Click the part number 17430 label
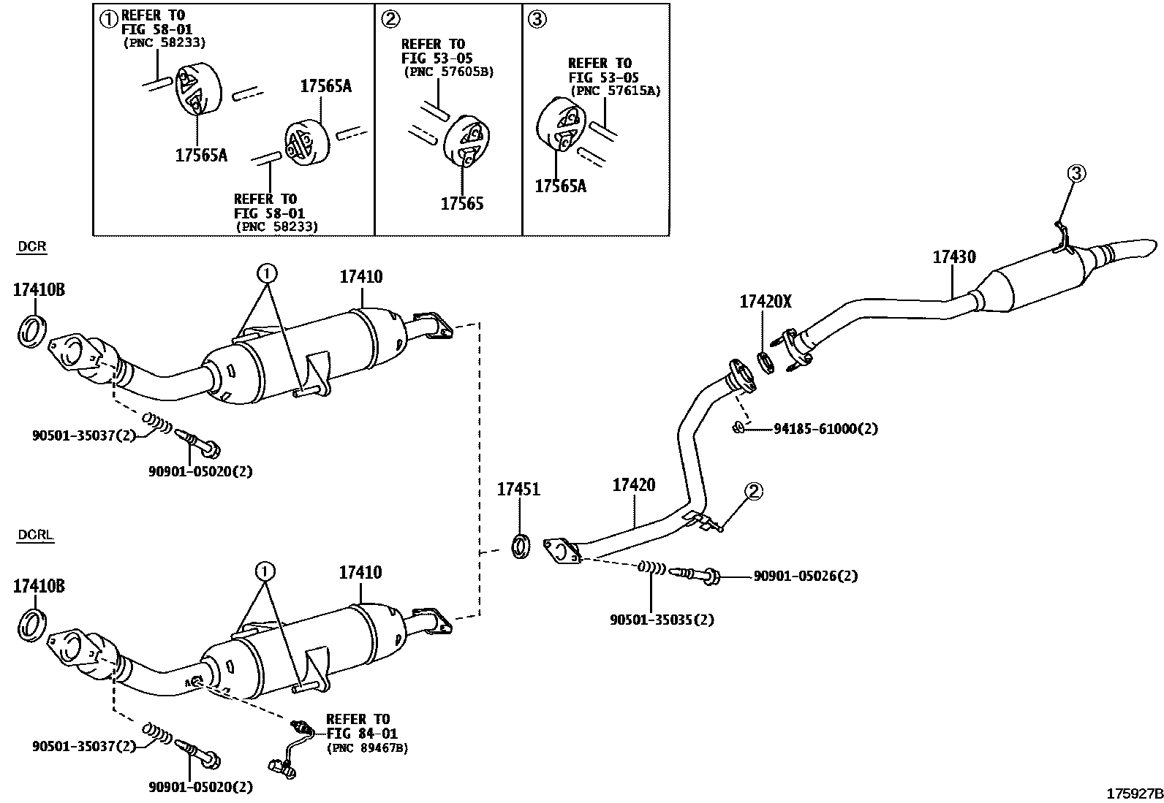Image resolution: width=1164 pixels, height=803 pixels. pyautogui.click(x=953, y=257)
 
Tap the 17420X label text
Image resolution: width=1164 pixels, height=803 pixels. pyautogui.click(x=765, y=301)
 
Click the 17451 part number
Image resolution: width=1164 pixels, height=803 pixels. pyautogui.click(x=518, y=490)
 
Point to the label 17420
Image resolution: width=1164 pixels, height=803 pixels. pyautogui.click(x=633, y=485)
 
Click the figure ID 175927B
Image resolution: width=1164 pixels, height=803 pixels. pyautogui.click(x=1133, y=794)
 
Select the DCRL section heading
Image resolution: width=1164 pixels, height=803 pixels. pyautogui.click(x=35, y=535)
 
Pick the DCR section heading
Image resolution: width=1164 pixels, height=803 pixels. pyautogui.click(x=31, y=246)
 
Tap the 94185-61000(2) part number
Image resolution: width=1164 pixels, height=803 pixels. pyautogui.click(x=825, y=429)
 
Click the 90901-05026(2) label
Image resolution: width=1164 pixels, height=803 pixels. pyautogui.click(x=805, y=576)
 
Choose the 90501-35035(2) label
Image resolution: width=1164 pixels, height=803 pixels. pyautogui.click(x=662, y=620)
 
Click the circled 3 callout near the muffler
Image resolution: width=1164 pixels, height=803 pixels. pyautogui.click(x=1076, y=173)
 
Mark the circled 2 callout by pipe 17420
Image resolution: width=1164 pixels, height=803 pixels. pyautogui.click(x=754, y=491)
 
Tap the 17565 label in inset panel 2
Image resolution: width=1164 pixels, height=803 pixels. pyautogui.click(x=461, y=204)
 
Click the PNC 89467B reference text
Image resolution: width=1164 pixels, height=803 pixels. pyautogui.click(x=367, y=748)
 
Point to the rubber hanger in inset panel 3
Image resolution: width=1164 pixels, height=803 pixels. pyautogui.click(x=562, y=127)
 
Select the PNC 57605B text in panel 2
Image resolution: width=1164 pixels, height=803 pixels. pyautogui.click(x=448, y=72)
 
